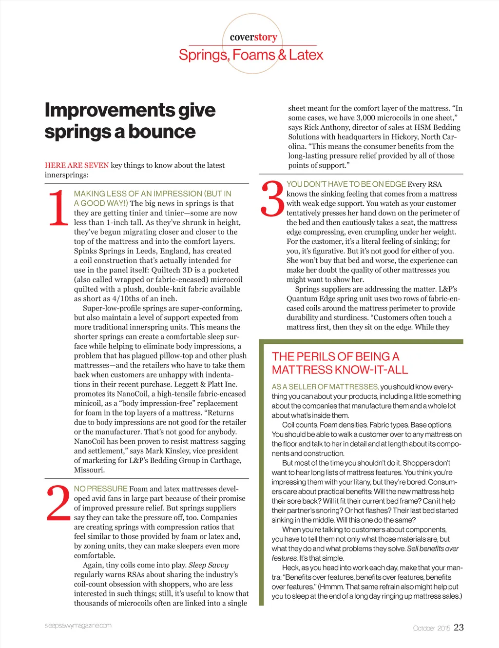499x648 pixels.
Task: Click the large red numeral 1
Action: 58,208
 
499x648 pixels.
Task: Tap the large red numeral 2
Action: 58,503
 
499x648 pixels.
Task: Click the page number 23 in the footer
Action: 459,628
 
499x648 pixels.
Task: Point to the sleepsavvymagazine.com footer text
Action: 78,625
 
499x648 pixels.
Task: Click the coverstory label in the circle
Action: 253,37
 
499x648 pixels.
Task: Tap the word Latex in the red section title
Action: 306,55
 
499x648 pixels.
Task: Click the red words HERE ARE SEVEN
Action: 77,165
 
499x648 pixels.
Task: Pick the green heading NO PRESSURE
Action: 100,489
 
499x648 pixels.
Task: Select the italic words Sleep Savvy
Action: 208,565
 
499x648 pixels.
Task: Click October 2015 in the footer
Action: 431,628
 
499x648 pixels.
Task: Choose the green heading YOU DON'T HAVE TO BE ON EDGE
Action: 346,184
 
